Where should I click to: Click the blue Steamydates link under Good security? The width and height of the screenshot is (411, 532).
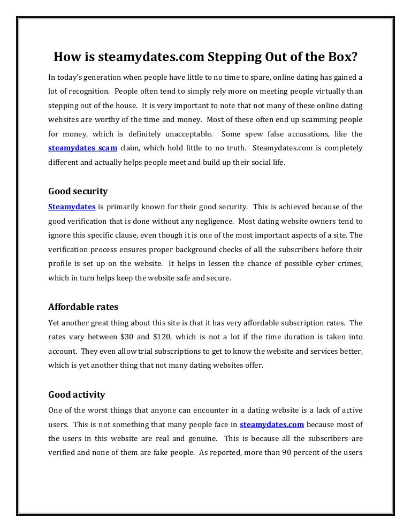click(x=72, y=207)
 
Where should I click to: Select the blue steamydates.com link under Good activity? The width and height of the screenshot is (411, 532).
click(x=272, y=424)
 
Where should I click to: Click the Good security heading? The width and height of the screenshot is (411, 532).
click(x=78, y=191)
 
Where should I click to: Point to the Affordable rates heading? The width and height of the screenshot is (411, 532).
click(x=83, y=307)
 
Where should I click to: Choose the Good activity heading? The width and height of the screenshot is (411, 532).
click(x=77, y=395)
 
